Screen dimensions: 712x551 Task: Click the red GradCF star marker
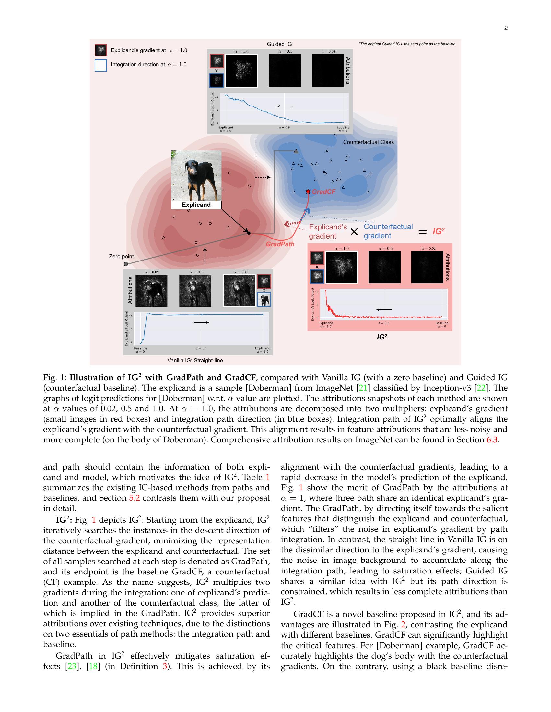(x=308, y=191)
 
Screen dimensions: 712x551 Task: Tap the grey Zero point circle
(x=126, y=264)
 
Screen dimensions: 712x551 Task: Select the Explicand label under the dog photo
(x=196, y=205)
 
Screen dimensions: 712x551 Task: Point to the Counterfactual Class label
(x=368, y=142)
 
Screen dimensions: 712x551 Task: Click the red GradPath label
(x=280, y=244)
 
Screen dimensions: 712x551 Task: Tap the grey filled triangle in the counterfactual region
(x=296, y=151)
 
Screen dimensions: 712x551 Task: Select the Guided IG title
(x=279, y=44)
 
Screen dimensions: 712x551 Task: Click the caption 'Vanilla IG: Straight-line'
(x=195, y=360)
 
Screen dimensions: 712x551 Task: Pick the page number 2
(x=506, y=28)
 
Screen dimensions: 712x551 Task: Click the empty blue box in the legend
(x=100, y=65)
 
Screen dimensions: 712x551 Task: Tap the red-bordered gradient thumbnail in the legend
(x=100, y=50)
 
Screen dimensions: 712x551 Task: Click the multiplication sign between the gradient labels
(x=354, y=232)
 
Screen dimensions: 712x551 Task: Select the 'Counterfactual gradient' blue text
(x=388, y=231)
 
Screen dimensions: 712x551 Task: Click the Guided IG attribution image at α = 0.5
(x=285, y=71)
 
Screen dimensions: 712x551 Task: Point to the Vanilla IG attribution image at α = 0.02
(x=151, y=291)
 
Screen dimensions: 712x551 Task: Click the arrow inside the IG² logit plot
(x=383, y=309)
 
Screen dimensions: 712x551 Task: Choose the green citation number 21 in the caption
(x=363, y=388)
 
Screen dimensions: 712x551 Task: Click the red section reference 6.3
(x=492, y=439)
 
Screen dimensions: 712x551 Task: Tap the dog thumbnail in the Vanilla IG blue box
(x=264, y=300)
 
